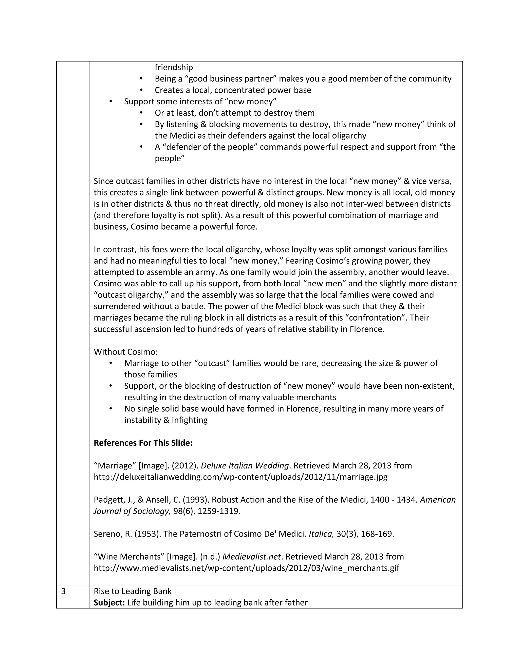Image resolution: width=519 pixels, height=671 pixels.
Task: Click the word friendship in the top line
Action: pos(174,67)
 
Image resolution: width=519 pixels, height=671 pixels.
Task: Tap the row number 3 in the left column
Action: pos(63,591)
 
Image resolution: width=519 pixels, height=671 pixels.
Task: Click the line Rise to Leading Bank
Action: pos(133,591)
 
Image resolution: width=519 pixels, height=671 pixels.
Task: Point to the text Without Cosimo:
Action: pos(125,352)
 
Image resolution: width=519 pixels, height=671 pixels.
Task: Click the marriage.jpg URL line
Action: pos(240,477)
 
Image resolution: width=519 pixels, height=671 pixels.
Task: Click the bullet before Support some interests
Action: pos(111,101)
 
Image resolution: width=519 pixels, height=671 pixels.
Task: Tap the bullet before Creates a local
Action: pos(141,90)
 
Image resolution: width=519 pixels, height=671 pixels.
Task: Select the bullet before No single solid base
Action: pos(111,409)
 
